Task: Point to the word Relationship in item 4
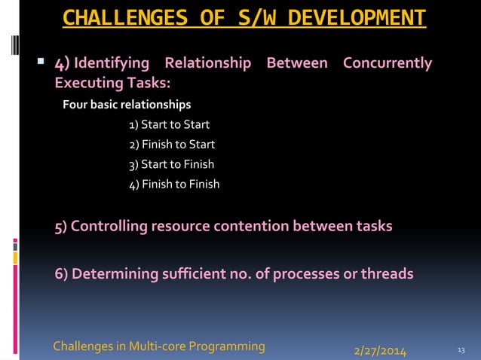coord(207,63)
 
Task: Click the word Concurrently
coord(388,63)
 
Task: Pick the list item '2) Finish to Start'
coord(172,144)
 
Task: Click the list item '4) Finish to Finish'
coord(174,184)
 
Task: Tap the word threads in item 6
coord(388,273)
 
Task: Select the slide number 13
coord(461,349)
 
